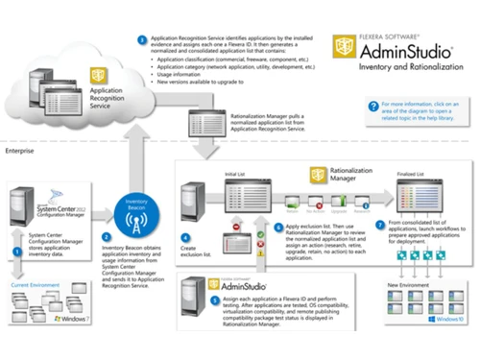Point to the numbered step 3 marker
[x=142, y=40]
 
